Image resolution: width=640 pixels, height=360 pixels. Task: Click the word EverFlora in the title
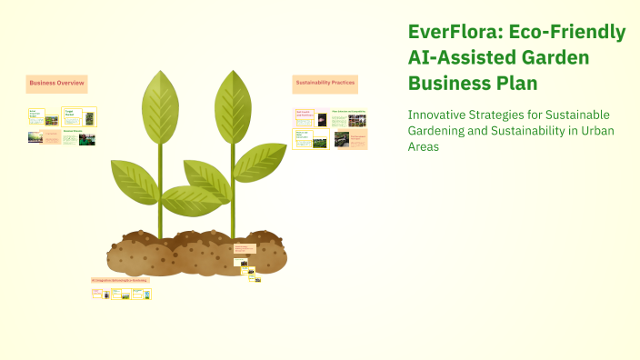click(x=455, y=33)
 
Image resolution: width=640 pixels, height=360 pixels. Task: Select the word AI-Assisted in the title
click(x=453, y=58)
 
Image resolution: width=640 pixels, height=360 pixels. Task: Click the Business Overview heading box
click(x=56, y=84)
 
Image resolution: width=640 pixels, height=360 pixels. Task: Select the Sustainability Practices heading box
click(x=325, y=84)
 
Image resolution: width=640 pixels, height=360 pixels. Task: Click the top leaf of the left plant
click(x=159, y=105)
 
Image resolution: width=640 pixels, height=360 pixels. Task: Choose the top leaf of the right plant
click(x=233, y=101)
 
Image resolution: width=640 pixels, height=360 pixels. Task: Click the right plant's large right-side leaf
click(x=260, y=162)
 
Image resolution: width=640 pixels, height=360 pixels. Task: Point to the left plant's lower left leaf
click(x=134, y=181)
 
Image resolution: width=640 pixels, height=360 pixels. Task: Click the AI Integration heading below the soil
click(x=120, y=280)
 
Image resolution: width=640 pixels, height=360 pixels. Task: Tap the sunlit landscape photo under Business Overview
click(x=35, y=138)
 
